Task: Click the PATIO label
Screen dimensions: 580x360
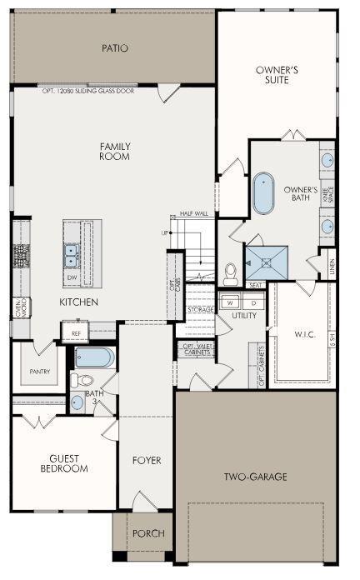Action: point(114,47)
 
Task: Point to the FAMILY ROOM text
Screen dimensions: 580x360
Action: point(114,151)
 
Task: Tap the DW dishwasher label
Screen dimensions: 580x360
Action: point(72,277)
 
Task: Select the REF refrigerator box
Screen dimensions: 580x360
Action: point(76,332)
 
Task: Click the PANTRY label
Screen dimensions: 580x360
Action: point(39,372)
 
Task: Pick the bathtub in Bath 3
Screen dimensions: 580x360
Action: point(91,358)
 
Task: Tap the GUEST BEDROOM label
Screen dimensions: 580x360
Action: point(63,463)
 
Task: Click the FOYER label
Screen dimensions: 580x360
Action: point(147,460)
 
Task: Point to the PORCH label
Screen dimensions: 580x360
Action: point(148,533)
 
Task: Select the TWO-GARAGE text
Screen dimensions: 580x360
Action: point(256,477)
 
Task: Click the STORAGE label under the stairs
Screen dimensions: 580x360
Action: point(201,310)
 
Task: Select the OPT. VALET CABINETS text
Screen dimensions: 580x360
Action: point(197,349)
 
